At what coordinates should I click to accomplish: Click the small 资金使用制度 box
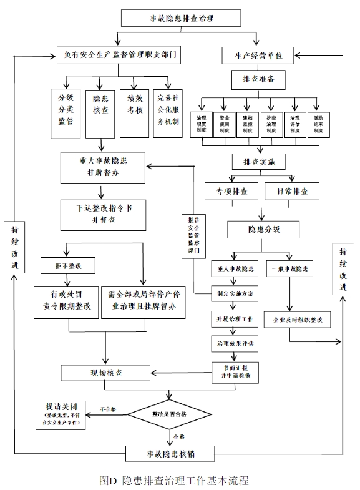(x=224, y=124)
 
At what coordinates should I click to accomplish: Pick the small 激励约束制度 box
(x=318, y=124)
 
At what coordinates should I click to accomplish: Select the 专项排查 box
(x=231, y=190)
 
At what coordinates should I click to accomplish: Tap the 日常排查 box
(x=291, y=190)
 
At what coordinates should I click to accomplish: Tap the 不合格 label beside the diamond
(x=109, y=409)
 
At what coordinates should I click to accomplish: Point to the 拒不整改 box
(x=66, y=266)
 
